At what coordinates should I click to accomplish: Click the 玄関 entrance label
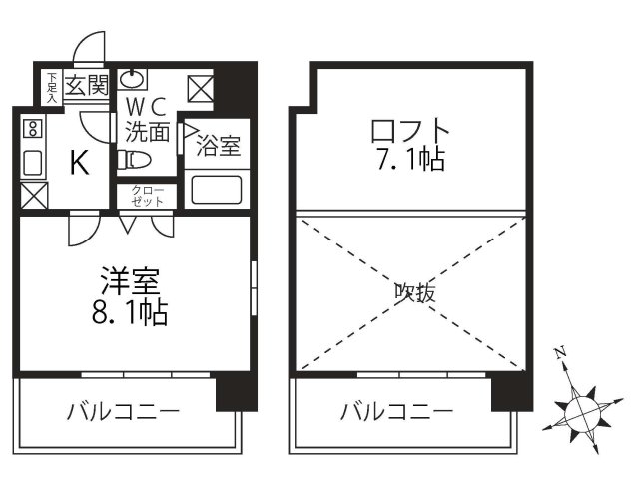click(87, 85)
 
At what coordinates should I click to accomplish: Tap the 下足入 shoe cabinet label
click(51, 86)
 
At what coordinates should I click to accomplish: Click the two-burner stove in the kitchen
click(31, 128)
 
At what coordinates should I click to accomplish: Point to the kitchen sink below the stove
click(31, 162)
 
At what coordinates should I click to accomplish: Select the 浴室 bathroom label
click(217, 146)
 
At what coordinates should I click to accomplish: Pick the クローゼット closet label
click(146, 195)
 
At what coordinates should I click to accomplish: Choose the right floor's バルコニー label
click(396, 410)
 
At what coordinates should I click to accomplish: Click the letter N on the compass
click(561, 351)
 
